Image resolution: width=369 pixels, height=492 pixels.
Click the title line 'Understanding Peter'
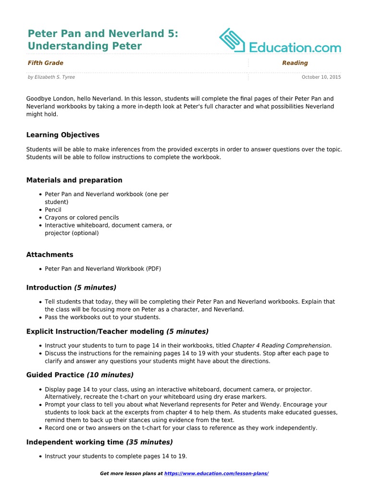pos(85,46)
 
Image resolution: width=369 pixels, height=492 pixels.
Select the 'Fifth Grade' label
pos(46,63)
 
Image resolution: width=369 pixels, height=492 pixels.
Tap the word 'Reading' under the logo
pos(295,63)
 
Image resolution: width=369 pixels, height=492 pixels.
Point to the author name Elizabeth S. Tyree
pos(55,77)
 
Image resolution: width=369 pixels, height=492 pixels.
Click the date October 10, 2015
pos(321,77)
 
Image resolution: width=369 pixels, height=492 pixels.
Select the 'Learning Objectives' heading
pos(63,135)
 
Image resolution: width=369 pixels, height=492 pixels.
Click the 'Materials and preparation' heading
pos(74,180)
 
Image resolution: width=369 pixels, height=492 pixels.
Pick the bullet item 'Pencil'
pos(53,210)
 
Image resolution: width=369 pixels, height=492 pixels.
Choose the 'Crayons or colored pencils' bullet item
pos(82,218)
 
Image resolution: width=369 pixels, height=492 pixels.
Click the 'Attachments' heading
pos(50,255)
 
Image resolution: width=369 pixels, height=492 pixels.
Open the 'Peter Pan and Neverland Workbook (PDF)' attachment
pos(103,269)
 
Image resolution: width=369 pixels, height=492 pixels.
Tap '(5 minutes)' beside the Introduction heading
pos(95,288)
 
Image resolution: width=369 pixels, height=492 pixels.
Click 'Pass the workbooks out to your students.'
pos(103,317)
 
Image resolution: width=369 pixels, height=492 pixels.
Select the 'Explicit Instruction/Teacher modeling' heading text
pos(95,332)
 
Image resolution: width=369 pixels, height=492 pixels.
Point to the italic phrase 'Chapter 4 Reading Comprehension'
pos(281,345)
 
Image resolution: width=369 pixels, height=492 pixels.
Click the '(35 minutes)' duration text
pos(149,442)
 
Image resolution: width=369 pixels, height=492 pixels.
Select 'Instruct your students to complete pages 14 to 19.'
pos(116,456)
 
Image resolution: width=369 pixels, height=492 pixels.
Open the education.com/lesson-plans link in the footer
pos(216,474)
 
